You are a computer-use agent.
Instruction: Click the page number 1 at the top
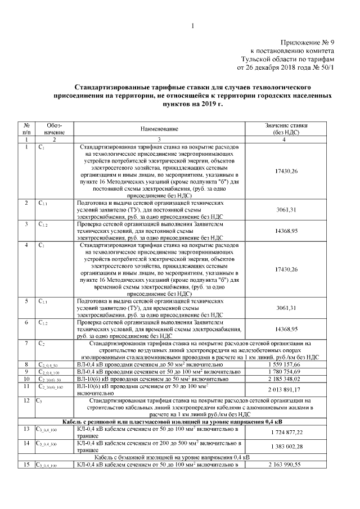[192, 26]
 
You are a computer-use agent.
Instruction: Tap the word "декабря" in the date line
[269, 68]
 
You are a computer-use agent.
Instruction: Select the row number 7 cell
[26, 343]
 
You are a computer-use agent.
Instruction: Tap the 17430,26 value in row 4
[286, 269]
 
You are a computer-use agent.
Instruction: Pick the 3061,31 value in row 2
[286, 209]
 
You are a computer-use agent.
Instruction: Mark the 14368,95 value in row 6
[286, 328]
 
